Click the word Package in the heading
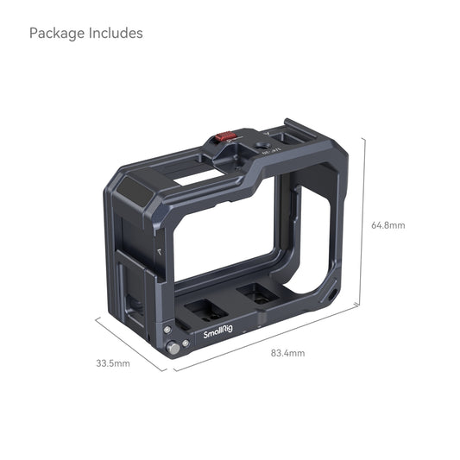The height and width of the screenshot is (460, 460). click(57, 34)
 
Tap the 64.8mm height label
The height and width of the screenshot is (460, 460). click(388, 225)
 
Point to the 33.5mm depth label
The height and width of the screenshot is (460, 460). click(112, 363)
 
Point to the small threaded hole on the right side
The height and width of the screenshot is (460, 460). click(335, 298)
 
